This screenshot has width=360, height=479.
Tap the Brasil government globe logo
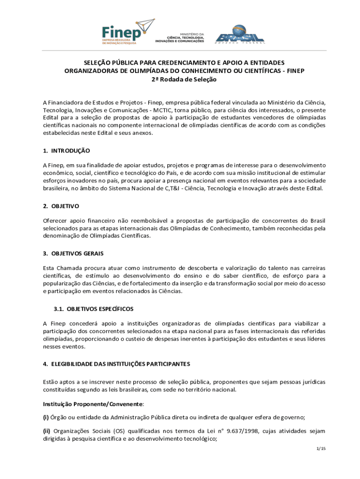pos(239,34)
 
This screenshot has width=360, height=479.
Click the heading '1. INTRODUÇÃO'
pos(66,151)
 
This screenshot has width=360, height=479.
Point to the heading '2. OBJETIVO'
pos(61,206)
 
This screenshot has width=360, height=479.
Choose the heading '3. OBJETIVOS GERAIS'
pos(73,254)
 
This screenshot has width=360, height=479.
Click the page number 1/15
pos(321,449)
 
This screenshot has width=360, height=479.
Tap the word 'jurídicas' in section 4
pos(312,382)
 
